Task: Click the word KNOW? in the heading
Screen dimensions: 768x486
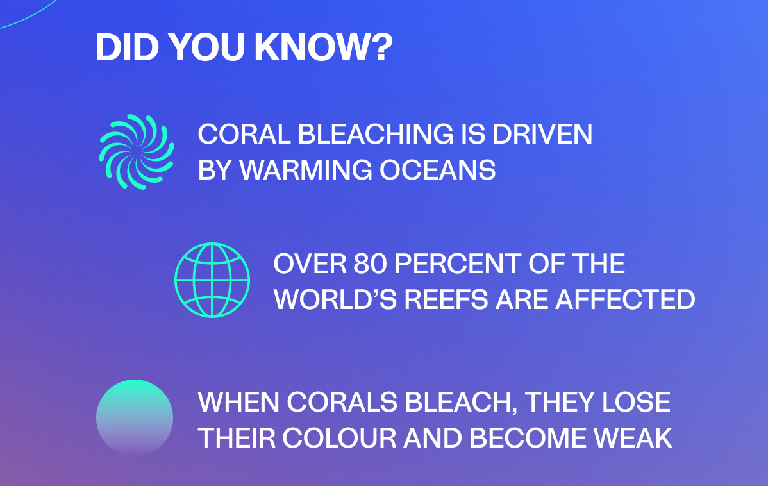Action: point(323,47)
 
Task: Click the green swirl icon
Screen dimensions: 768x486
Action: point(137,152)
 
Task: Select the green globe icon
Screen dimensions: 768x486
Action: point(212,280)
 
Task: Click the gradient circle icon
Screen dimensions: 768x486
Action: point(135,418)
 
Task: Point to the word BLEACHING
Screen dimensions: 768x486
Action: point(376,134)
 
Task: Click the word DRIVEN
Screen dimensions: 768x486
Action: point(542,134)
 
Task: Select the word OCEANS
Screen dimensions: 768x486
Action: point(437,170)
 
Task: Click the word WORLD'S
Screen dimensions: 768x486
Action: point(335,299)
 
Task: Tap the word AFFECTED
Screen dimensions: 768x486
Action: point(626,299)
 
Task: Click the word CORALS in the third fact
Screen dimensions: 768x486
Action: point(342,402)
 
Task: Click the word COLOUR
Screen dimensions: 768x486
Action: point(339,438)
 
